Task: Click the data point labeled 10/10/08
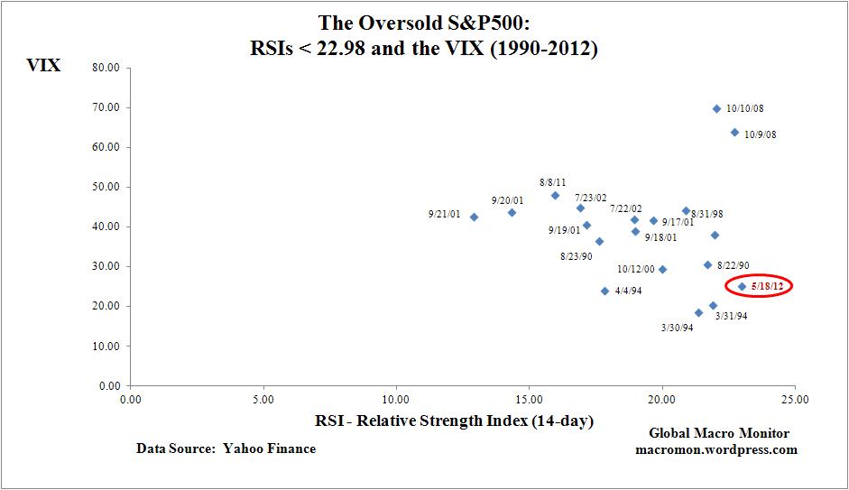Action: [716, 108]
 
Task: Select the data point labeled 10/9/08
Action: [734, 133]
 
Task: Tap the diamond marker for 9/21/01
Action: [474, 217]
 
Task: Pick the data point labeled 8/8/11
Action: [555, 195]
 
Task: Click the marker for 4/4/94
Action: [604, 291]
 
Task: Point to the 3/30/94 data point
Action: [698, 313]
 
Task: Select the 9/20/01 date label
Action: [507, 200]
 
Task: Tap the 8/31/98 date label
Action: [707, 215]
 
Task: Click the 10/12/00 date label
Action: [636, 269]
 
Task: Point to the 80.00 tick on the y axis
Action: [107, 68]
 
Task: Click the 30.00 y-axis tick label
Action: [107, 266]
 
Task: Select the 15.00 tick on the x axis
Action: [529, 397]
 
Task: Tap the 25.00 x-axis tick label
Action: [794, 397]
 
